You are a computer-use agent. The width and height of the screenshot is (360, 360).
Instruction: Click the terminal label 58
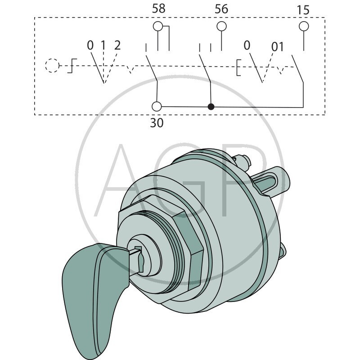pos(158,9)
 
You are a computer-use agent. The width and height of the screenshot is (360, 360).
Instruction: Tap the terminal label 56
pos(221,9)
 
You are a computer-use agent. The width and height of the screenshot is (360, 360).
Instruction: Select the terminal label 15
pos(304,9)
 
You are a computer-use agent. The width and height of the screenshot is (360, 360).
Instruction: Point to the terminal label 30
pos(157,122)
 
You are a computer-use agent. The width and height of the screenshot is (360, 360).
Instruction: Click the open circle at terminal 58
pos(158,27)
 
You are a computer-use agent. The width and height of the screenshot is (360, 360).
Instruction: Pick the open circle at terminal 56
pos(221,27)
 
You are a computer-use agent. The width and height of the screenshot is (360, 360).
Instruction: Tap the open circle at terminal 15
pos(304,26)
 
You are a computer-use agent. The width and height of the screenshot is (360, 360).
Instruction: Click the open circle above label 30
pos(157,107)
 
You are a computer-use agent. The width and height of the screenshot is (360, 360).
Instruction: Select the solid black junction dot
pos(211,107)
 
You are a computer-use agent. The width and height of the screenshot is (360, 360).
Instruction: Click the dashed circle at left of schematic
pos(52,65)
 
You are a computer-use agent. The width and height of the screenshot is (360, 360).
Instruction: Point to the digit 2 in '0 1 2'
pos(117,45)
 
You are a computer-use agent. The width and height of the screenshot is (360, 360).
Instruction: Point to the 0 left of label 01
pos(247,45)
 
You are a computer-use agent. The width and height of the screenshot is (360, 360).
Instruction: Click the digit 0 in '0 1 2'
pos(90,45)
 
